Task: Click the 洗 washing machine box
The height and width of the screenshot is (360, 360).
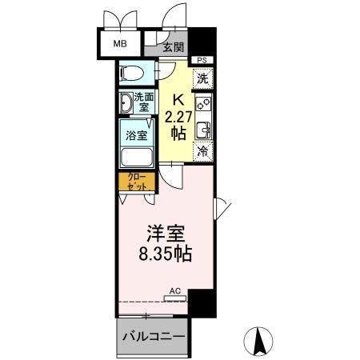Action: pos(203,78)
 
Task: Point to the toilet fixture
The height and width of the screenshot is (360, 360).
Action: pos(131,74)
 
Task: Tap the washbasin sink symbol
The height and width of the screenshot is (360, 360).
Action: pos(127,103)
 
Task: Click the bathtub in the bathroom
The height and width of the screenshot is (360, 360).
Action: pos(136,155)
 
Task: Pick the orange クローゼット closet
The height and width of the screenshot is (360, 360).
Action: pos(135,181)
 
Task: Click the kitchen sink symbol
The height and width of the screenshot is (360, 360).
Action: pos(203,128)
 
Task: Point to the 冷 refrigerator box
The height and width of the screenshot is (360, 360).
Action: pos(203,150)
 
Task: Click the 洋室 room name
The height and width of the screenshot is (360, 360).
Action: pos(166,234)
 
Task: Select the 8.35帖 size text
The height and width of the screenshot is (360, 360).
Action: pos(166,257)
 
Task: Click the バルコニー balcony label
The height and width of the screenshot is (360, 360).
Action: pos(154,337)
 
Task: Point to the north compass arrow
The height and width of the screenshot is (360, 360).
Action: pos(261,342)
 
